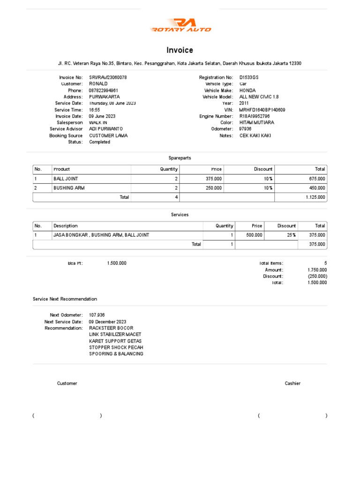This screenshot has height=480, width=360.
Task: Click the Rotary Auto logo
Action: [x=180, y=25]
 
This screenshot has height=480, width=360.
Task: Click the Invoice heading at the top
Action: [x=180, y=50]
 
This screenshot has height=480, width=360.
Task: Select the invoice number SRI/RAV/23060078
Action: [x=108, y=77]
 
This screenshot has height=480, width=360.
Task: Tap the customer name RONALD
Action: [x=98, y=83]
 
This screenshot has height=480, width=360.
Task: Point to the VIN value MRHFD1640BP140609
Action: [x=262, y=110]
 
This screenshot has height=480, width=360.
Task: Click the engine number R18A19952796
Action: [x=255, y=116]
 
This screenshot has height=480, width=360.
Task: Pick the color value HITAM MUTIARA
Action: [x=257, y=122]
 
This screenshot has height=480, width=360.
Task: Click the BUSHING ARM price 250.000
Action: [x=214, y=188]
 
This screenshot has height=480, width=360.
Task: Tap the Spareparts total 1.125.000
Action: [x=315, y=197]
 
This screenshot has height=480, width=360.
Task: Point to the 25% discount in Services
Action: [x=291, y=235]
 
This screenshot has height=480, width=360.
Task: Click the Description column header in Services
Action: [x=66, y=226]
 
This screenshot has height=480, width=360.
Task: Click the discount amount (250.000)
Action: [x=317, y=276]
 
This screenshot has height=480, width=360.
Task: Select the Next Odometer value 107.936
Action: [x=97, y=315]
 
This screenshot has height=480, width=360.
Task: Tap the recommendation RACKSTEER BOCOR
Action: [x=111, y=328]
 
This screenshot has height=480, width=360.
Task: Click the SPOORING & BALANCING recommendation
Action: [x=116, y=354]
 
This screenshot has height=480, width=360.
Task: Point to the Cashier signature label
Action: [x=292, y=383]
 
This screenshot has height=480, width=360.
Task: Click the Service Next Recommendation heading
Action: [x=65, y=299]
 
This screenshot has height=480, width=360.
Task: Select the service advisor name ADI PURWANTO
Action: [x=106, y=129]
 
